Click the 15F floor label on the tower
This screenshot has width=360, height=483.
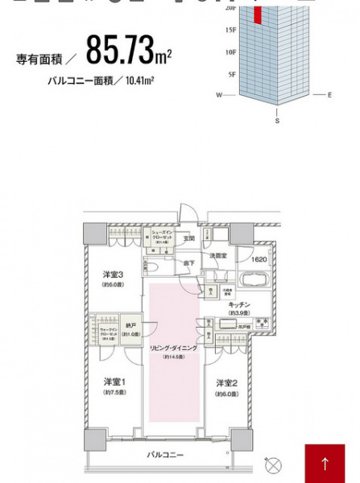[x=230, y=31]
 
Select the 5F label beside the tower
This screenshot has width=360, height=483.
[x=231, y=73]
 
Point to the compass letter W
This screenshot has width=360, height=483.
[x=218, y=95]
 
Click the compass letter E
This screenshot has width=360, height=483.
[x=329, y=95]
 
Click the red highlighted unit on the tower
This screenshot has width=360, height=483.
[x=258, y=14]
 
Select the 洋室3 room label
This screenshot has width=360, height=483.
[x=111, y=275]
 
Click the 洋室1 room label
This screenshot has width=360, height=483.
[x=112, y=382]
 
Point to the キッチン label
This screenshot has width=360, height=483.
[x=239, y=305]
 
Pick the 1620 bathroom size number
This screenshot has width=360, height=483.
[x=257, y=260]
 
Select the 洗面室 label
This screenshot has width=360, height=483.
[x=219, y=255]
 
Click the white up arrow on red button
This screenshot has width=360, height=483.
[x=325, y=464]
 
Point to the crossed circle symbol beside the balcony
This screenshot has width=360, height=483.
[x=274, y=464]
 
